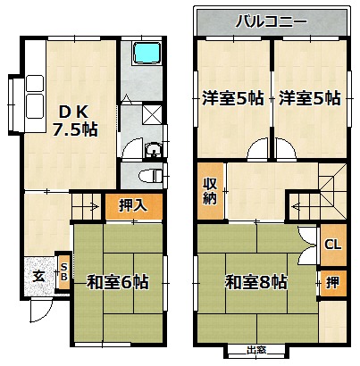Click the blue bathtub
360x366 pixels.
click(147, 53)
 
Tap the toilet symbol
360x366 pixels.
click(150, 176)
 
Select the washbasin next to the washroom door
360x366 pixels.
click(153, 150)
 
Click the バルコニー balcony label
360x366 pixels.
click(271, 21)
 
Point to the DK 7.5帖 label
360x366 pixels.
click(75, 121)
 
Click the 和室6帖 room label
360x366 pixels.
click(118, 282)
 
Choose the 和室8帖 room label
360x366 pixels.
click(256, 282)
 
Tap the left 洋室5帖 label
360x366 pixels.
click(233, 98)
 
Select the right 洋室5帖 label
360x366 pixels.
click(310, 98)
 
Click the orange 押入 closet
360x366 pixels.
click(134, 206)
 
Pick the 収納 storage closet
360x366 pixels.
click(211, 191)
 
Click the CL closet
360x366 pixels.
click(333, 245)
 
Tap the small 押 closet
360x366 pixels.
click(333, 283)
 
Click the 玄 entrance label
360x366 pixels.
click(39, 277)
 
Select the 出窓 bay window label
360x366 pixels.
click(256, 350)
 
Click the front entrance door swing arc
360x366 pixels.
click(45, 314)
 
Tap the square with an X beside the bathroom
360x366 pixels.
click(152, 114)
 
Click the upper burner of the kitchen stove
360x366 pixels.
click(35, 84)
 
